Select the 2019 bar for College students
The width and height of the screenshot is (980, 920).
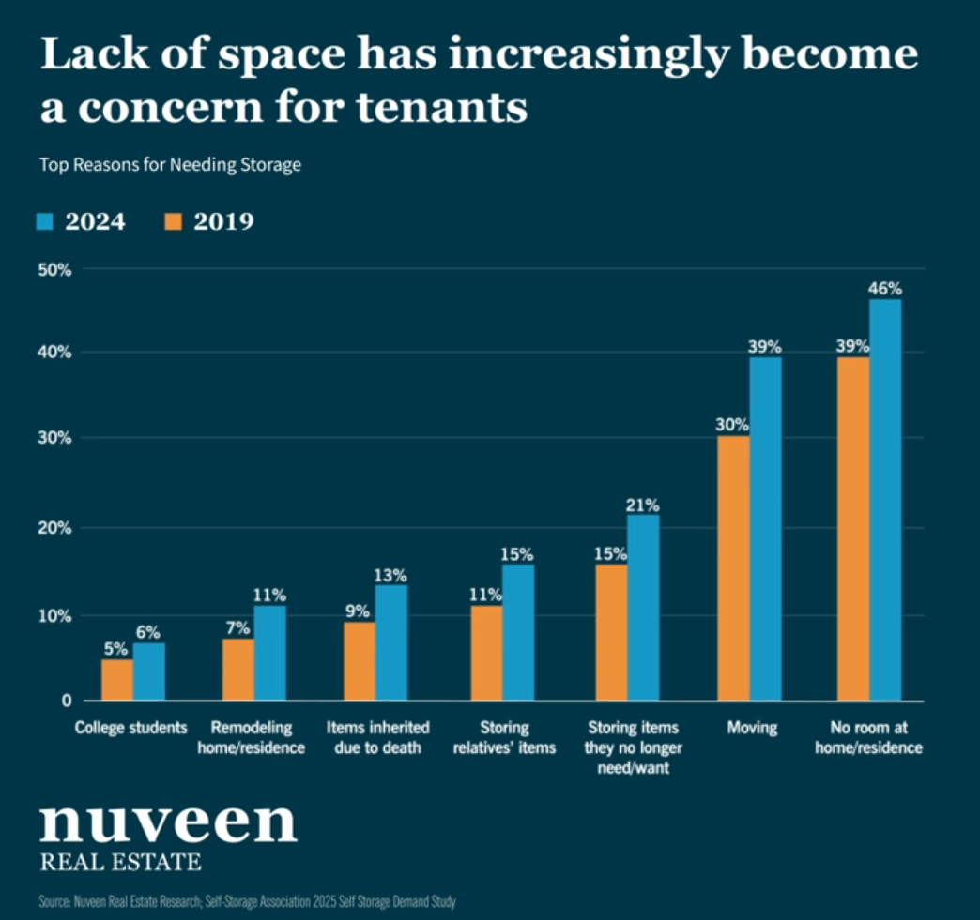(x=117, y=680)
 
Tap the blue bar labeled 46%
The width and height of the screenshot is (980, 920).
(x=885, y=500)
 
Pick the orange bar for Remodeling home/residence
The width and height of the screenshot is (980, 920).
(x=238, y=670)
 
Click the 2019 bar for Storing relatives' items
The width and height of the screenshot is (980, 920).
(x=486, y=653)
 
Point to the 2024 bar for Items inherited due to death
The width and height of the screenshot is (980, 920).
(x=391, y=642)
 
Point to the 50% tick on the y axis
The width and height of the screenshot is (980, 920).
(x=54, y=269)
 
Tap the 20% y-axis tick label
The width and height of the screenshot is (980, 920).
(x=54, y=527)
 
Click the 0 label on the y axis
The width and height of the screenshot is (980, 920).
(x=67, y=701)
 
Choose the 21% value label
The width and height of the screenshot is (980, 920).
(x=643, y=505)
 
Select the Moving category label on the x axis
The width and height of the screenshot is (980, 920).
(x=752, y=728)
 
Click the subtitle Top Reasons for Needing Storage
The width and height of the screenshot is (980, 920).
(x=170, y=165)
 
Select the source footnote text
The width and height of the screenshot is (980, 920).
(x=248, y=902)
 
